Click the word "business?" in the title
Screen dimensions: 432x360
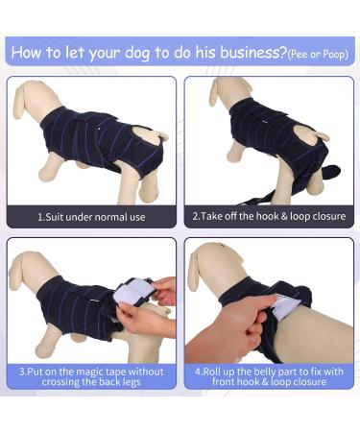coord(241,51)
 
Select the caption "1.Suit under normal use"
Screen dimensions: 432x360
coord(92,217)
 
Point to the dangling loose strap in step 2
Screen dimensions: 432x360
coord(331,173)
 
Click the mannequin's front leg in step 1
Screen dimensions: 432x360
coord(58,178)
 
